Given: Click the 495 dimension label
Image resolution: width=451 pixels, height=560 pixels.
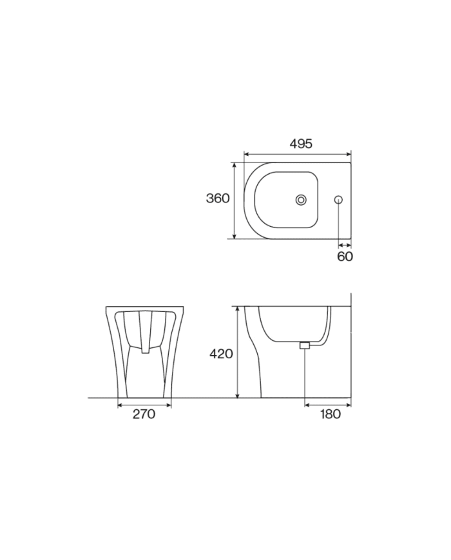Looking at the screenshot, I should (x=301, y=144).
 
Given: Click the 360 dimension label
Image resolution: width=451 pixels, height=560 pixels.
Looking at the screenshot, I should (x=218, y=198).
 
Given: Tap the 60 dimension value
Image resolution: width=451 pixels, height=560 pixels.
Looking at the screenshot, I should (x=345, y=256).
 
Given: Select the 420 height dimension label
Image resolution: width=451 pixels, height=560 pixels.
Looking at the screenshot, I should (x=221, y=354).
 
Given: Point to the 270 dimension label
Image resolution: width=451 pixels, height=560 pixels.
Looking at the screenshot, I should (x=144, y=414).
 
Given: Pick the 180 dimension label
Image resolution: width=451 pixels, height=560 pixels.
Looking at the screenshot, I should (x=330, y=414).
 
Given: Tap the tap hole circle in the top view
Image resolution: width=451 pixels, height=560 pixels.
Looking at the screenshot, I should (x=338, y=200).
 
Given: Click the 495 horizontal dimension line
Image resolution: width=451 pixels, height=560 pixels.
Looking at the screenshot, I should (x=271, y=155).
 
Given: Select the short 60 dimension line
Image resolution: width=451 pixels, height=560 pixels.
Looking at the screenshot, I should (x=345, y=245).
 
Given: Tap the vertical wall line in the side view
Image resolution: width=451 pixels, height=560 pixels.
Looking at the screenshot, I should (x=350, y=348).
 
